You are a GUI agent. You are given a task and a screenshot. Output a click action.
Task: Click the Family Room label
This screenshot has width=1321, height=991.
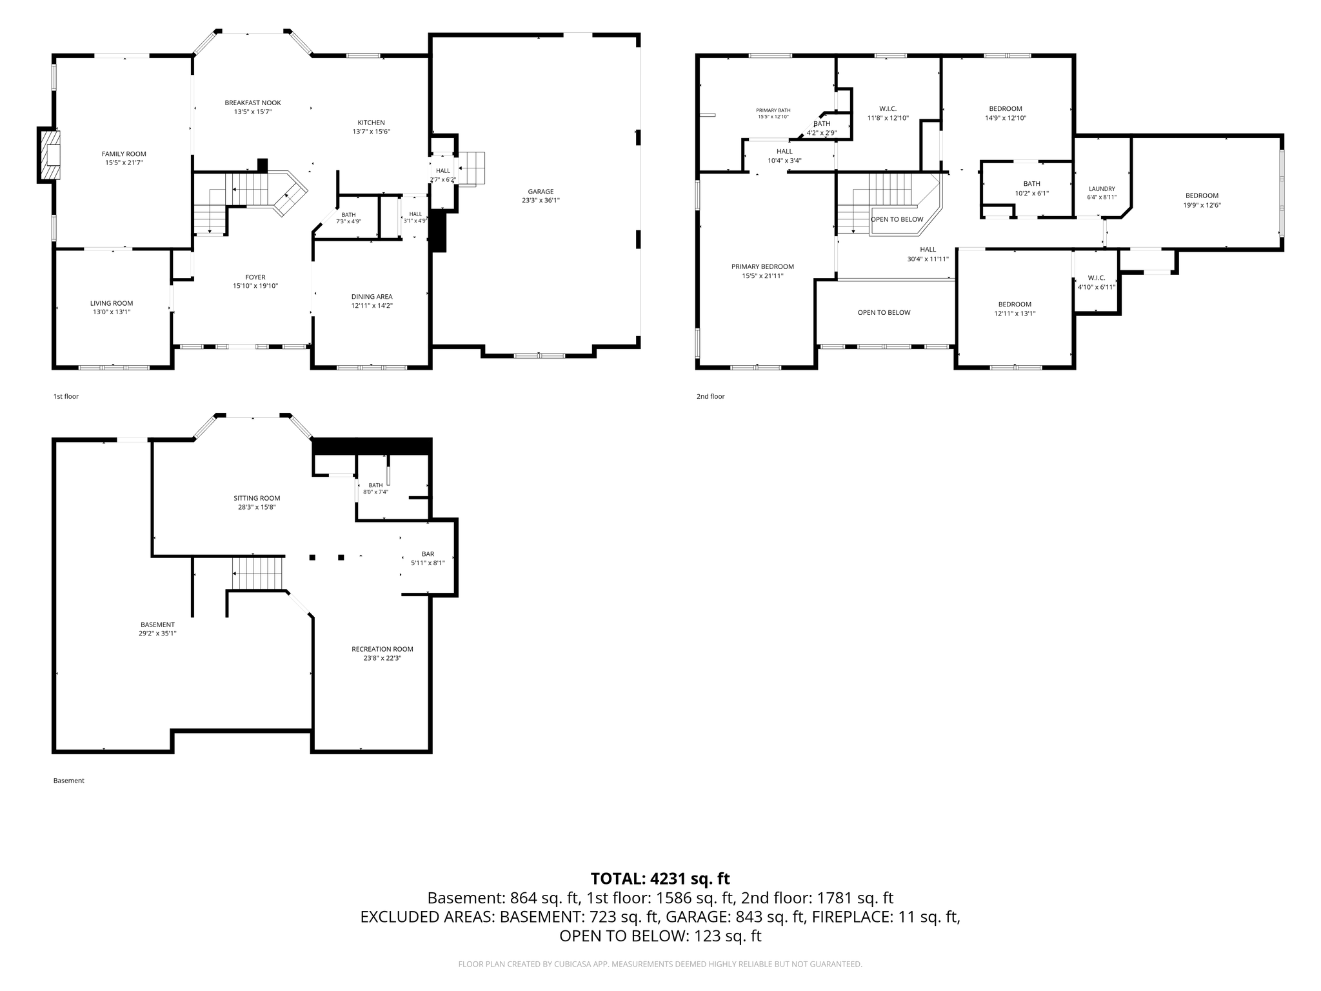tap(124, 154)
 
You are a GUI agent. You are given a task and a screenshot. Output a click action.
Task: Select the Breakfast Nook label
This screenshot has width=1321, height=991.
tap(253, 103)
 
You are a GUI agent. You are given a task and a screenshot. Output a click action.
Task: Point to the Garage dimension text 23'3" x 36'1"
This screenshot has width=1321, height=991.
tap(541, 201)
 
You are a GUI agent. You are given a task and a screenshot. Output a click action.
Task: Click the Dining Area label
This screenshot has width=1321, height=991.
tap(372, 297)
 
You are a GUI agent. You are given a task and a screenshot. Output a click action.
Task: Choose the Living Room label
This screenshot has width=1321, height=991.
tap(112, 303)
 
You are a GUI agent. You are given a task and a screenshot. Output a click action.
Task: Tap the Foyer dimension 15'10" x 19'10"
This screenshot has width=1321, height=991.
tap(255, 286)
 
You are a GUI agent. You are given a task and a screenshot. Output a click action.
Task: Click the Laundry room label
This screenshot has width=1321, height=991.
tap(1102, 189)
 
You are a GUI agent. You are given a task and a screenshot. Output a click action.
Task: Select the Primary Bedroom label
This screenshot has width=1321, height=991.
tap(762, 266)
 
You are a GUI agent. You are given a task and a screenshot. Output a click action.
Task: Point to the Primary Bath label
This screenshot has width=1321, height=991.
tap(773, 110)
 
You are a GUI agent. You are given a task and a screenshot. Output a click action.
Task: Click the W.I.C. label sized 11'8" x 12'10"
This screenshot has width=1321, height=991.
tap(888, 108)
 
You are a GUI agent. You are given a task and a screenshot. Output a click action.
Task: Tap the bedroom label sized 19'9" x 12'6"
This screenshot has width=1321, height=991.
tap(1202, 196)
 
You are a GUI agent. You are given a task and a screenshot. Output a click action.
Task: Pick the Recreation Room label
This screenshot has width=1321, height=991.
tap(382, 649)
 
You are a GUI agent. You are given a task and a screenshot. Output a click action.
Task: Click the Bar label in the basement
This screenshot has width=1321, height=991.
tap(428, 554)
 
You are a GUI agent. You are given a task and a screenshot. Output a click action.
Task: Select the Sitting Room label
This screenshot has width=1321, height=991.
tap(257, 498)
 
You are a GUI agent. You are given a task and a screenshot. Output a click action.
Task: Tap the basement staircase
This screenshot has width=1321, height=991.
tap(258, 574)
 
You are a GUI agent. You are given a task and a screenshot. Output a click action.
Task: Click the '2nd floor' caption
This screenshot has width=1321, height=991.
tap(711, 396)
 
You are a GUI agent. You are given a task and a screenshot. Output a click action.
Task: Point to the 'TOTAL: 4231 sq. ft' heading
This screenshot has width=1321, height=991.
tap(660, 878)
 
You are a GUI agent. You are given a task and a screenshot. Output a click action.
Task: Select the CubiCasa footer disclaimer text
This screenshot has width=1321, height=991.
tap(660, 964)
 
